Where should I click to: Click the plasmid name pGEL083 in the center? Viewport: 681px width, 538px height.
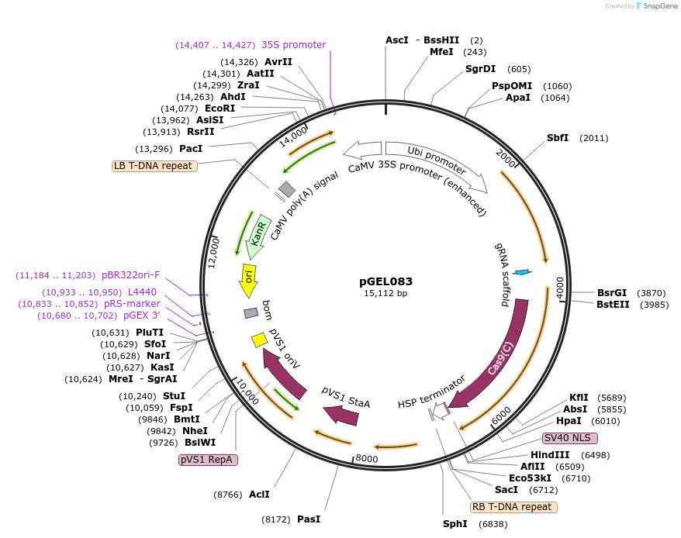(x=385, y=281)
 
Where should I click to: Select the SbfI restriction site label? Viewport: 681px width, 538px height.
(x=558, y=138)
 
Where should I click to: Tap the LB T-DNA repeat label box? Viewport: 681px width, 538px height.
(x=154, y=166)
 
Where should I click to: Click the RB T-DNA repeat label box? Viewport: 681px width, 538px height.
(x=513, y=507)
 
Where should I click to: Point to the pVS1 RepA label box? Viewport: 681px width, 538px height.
(x=208, y=460)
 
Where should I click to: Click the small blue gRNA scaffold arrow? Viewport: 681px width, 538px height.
(x=522, y=272)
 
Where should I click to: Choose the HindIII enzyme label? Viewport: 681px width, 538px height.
(x=550, y=455)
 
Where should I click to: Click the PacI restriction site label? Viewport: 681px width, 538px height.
(x=191, y=148)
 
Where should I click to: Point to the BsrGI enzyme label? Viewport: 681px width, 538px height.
(x=611, y=293)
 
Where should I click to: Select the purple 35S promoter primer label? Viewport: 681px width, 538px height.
(x=293, y=45)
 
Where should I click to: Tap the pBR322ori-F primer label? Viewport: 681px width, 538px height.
(x=130, y=275)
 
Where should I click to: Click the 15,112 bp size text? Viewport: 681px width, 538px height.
(x=385, y=294)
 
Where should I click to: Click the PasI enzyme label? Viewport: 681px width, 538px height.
(x=308, y=519)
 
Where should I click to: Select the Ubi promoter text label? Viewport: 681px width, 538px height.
(x=437, y=158)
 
